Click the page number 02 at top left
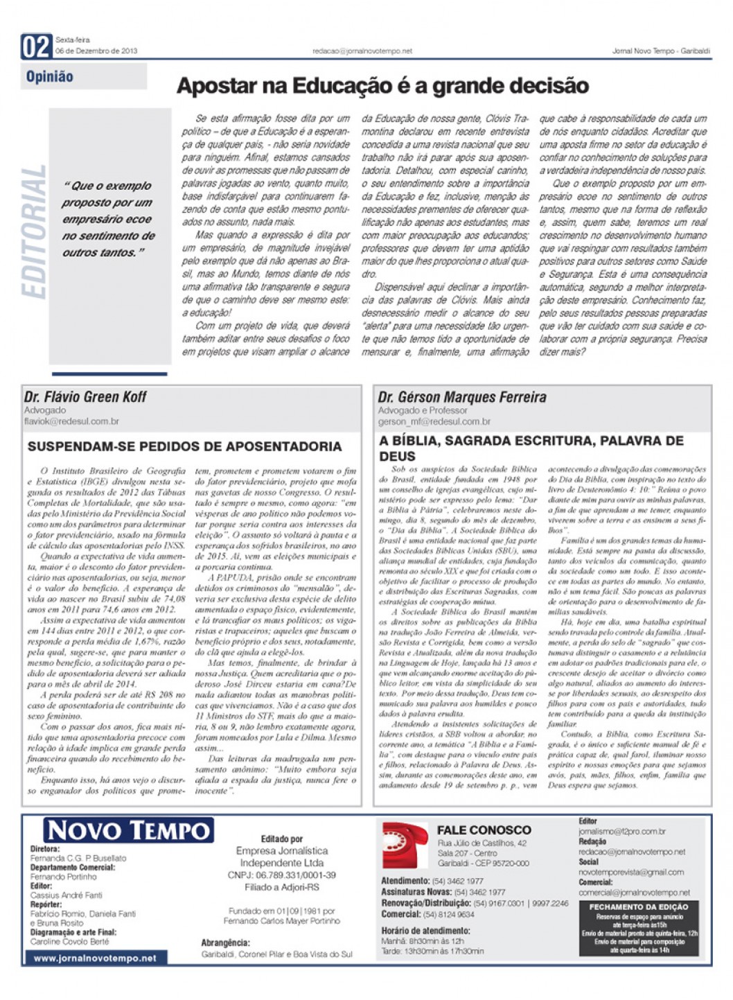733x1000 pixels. tap(36, 47)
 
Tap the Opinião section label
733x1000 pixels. tap(49, 77)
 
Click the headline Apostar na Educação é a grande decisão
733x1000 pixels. tap(382, 86)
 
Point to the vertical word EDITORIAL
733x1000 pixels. tap(35, 232)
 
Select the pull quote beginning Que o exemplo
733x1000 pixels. tap(108, 219)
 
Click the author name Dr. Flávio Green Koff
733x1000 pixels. tap(85, 397)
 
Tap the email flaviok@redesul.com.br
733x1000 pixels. tap(71, 421)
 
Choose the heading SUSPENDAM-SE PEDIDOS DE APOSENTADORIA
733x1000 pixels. tap(184, 447)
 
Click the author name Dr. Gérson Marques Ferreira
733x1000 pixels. tap(461, 397)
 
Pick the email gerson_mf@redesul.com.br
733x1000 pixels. tap(434, 421)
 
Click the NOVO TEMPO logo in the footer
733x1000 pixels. tap(128, 830)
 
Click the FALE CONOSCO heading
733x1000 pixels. tap(484, 830)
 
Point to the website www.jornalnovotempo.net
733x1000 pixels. tap(95, 958)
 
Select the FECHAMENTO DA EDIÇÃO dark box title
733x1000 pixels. tap(638, 907)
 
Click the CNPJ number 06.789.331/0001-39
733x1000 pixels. tap(281, 875)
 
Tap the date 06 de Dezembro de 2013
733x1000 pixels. tap(96, 51)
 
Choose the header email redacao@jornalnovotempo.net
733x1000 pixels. tap(362, 51)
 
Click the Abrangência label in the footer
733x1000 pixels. tap(225, 942)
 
